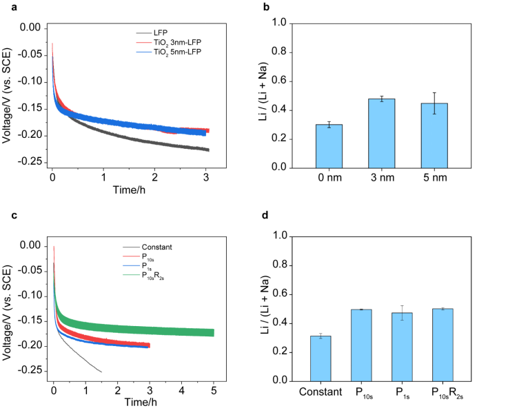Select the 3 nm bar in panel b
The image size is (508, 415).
pyautogui.click(x=381, y=134)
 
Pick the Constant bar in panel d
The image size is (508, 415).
pyautogui.click(x=321, y=358)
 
